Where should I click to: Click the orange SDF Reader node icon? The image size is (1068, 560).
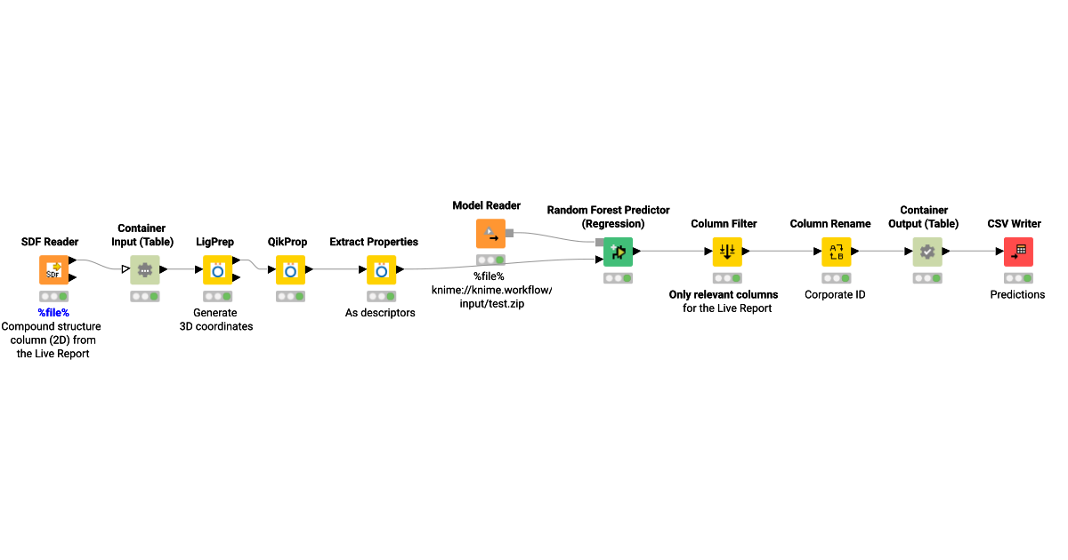[53, 270]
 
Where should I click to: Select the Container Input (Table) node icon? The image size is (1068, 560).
[144, 270]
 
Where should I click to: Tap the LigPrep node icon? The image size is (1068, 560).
[217, 270]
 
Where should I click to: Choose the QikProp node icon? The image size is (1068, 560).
[290, 270]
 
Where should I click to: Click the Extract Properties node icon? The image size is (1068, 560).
[382, 270]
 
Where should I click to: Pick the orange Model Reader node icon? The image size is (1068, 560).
[490, 233]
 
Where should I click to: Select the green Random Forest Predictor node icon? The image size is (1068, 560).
[618, 252]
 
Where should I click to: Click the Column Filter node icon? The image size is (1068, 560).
[727, 252]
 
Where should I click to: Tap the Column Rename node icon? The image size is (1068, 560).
[837, 252]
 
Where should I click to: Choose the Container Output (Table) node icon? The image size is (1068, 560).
[927, 252]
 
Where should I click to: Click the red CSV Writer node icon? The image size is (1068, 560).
[1018, 252]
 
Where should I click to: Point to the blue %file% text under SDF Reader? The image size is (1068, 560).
[53, 313]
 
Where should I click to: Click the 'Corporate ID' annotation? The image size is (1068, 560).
[835, 295]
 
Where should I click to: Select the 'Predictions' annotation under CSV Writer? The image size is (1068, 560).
[1017, 295]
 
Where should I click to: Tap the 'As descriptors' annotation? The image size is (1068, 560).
[380, 313]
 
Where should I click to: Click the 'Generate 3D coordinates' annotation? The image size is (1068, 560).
[216, 319]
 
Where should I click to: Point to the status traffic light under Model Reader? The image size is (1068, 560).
[490, 260]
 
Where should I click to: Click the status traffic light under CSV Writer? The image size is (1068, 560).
[1018, 278]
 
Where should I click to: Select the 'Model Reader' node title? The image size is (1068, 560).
[486, 205]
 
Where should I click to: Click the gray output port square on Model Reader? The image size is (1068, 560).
[509, 233]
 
